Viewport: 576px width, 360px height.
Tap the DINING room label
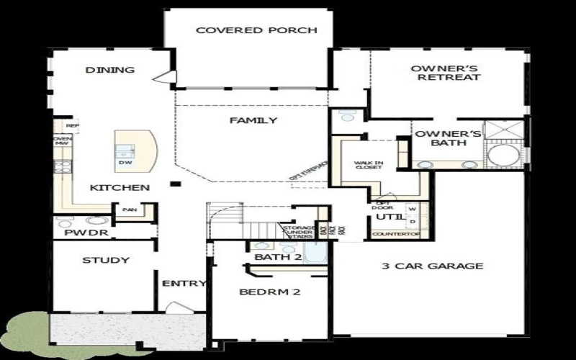tap(110, 70)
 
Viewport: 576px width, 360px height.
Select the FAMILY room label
tap(253, 120)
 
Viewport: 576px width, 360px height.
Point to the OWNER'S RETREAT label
tap(435, 73)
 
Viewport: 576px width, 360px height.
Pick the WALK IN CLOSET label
tap(368, 165)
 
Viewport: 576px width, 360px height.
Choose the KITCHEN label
tap(120, 188)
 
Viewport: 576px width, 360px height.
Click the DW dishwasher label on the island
tap(125, 163)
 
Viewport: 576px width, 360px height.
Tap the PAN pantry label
tap(130, 210)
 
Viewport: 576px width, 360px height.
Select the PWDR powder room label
tap(76, 233)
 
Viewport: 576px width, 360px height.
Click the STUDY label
tap(105, 260)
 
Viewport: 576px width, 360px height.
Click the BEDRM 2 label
tap(269, 292)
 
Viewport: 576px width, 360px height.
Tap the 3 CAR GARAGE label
tap(432, 266)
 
